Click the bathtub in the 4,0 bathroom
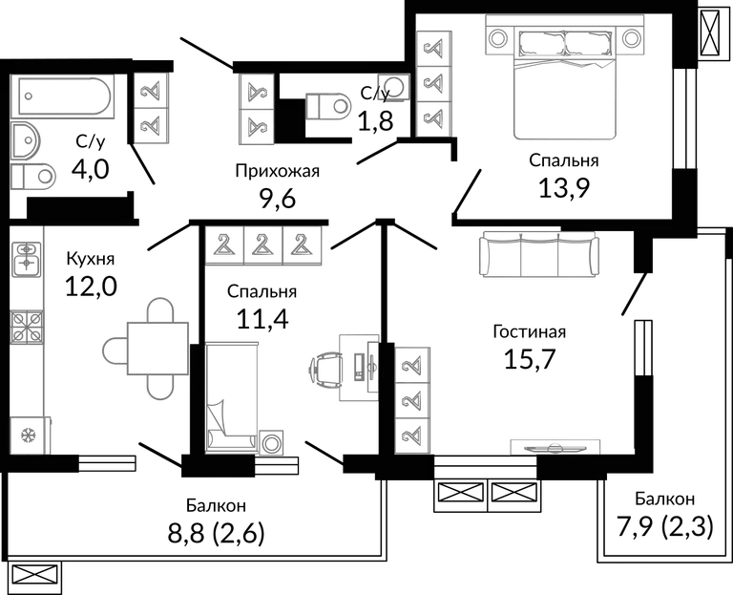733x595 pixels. tap(65, 96)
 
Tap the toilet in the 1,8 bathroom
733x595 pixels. tap(328, 106)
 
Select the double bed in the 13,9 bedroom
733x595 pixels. tap(565, 82)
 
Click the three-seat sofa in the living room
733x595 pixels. tap(539, 253)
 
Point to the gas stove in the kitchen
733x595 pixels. tap(27, 327)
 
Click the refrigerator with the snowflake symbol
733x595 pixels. tap(29, 436)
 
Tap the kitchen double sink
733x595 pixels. tap(27, 259)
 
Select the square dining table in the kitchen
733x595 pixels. tap(158, 349)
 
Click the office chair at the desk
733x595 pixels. tap(325, 369)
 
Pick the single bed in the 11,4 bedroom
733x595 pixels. tap(232, 397)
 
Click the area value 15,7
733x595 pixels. tap(529, 359)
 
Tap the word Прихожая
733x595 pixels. tap(277, 171)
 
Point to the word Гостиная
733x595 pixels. tap(529, 331)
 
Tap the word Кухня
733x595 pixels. tap(91, 259)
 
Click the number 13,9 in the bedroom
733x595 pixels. tap(564, 188)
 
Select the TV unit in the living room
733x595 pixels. tap(555, 447)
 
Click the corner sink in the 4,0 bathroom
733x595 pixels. tap(25, 139)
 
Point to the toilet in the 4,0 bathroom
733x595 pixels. tap(32, 176)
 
